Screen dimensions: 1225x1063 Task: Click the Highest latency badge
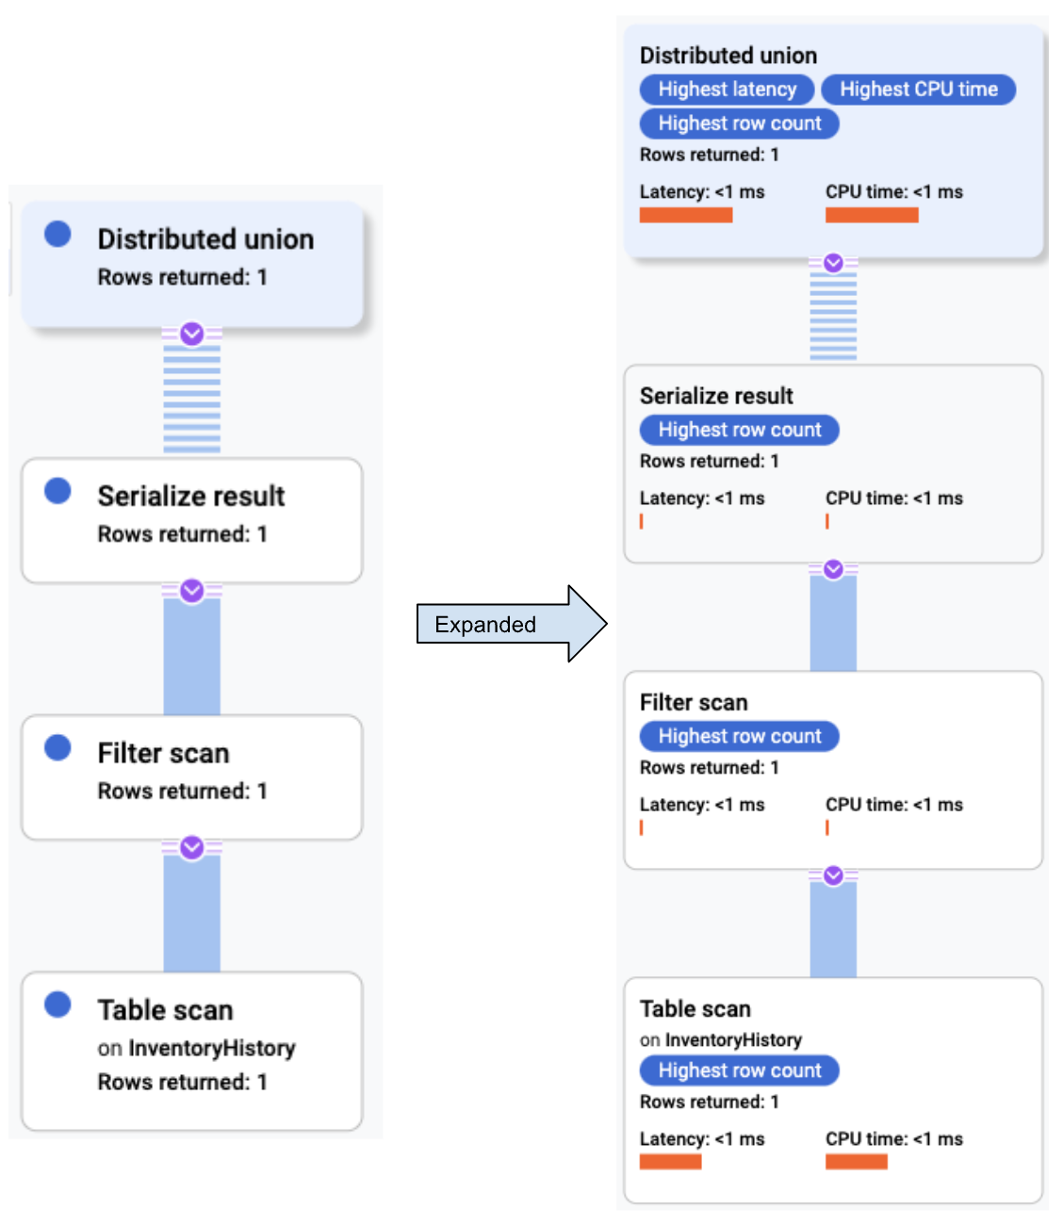727,90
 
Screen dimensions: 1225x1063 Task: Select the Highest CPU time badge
918,90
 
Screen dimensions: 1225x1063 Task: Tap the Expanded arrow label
485,625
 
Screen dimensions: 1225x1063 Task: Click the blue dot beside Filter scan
57,747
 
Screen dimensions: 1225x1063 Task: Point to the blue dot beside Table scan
57,1004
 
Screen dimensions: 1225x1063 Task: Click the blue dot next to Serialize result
57,491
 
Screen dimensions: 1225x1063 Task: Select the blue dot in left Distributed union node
57,234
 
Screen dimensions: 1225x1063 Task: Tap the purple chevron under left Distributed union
192,334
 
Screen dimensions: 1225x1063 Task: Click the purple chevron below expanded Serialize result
833,569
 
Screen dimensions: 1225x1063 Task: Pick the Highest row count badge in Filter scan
739,736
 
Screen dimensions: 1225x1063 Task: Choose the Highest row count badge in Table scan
739,1070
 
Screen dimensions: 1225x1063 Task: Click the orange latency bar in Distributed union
685,215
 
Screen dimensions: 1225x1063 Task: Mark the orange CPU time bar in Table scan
856,1162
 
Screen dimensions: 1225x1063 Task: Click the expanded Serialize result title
716,396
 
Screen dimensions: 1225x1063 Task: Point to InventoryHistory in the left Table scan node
211,1048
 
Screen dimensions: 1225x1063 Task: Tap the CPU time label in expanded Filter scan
893,805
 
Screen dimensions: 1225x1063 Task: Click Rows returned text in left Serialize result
182,534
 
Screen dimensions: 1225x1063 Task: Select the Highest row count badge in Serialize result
739,430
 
